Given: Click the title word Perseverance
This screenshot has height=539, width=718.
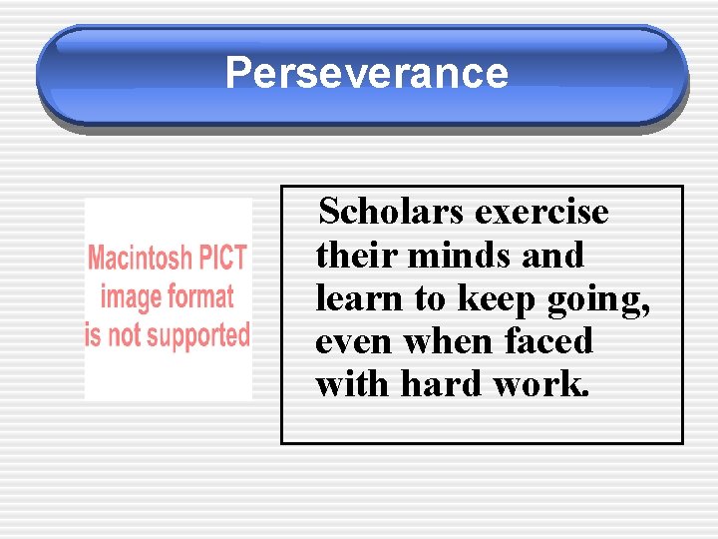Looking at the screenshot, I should click(366, 73).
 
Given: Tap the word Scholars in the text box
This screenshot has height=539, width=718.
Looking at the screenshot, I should click(392, 212).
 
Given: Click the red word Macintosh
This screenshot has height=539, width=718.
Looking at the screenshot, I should click(139, 258).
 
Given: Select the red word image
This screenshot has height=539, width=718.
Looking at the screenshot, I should click(132, 297).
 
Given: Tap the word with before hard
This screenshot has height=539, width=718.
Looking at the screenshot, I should click(353, 384).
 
